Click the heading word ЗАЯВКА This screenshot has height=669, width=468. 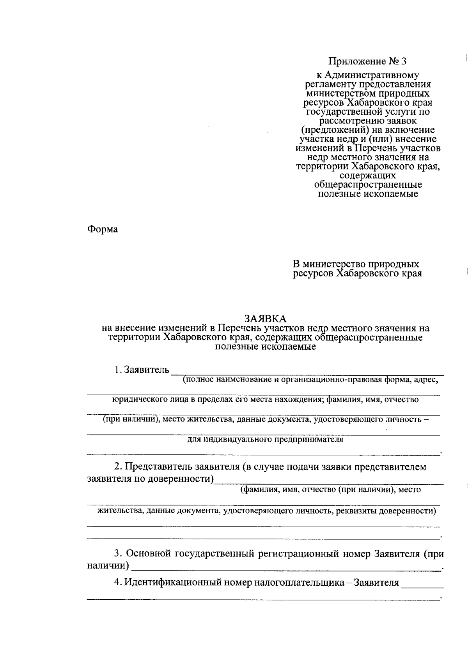265,318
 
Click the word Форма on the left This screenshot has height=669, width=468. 102,229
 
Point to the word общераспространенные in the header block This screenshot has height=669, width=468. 368,184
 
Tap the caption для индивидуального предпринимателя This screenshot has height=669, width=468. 265,439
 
